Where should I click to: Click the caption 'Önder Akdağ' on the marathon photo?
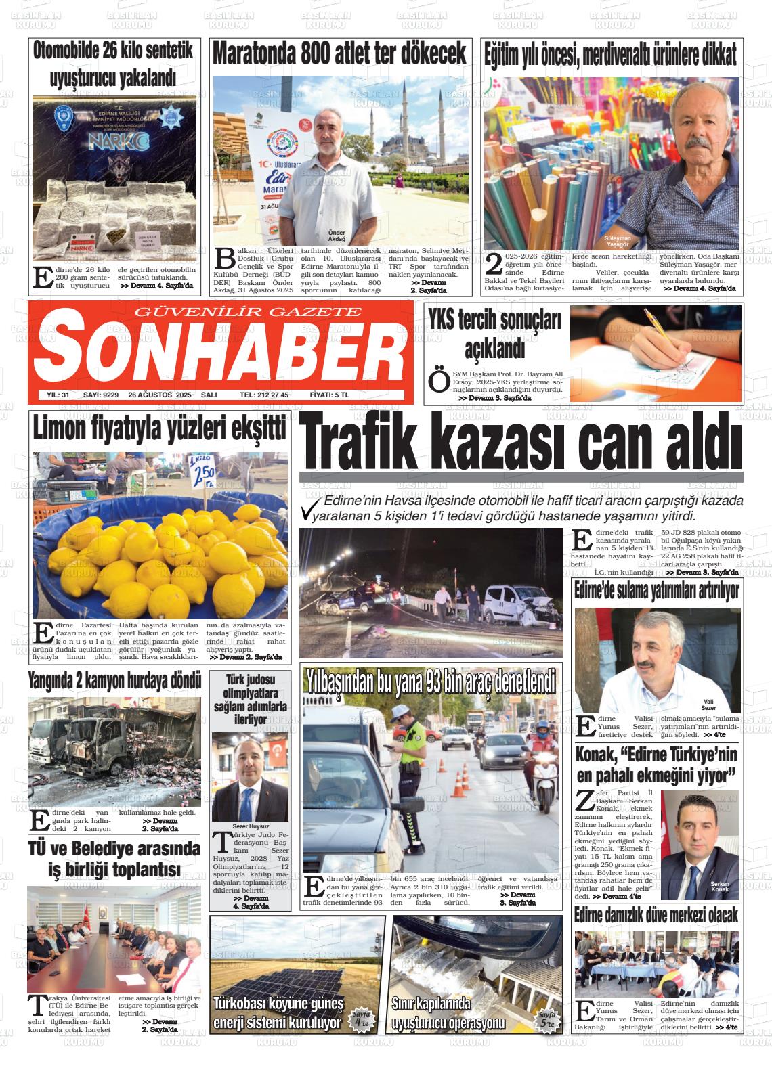tap(337, 236)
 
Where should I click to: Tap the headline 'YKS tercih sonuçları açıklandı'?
tap(495, 335)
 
